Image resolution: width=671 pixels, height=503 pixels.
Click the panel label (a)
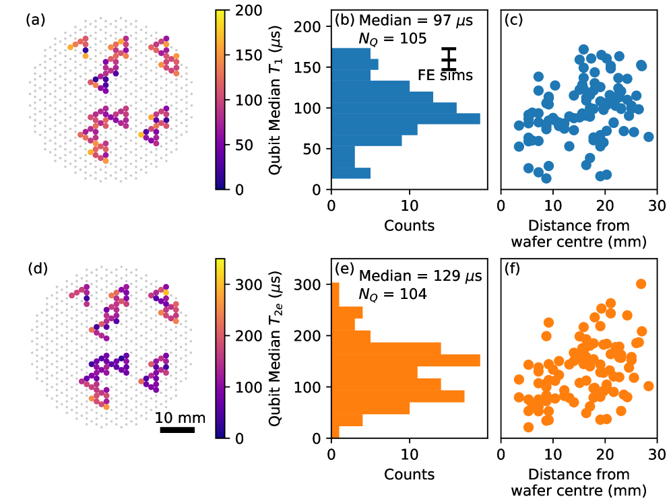click(36, 20)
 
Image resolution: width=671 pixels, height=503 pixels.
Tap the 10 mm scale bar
click(177, 430)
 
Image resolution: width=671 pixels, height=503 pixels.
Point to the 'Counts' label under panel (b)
click(409, 225)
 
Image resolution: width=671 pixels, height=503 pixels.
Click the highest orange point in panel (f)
click(641, 284)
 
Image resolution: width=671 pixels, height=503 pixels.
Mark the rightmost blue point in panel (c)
click(648, 137)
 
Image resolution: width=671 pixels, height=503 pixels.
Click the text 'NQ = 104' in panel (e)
click(393, 294)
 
